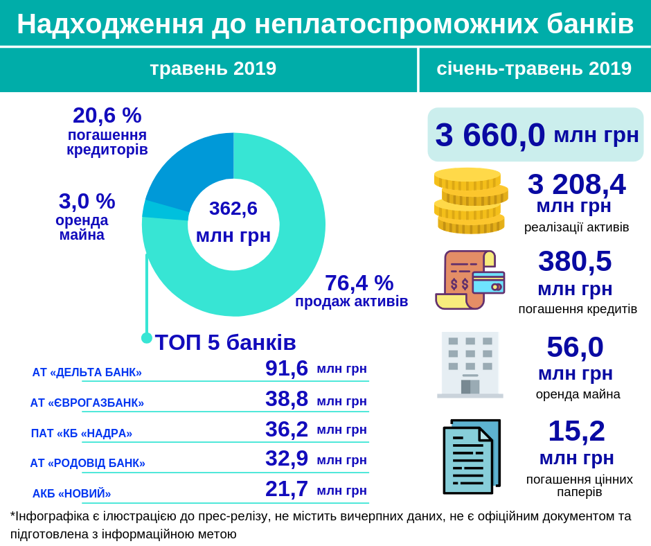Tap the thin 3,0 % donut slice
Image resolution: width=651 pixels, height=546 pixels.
coord(165,210)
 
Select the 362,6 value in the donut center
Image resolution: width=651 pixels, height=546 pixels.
coord(233,208)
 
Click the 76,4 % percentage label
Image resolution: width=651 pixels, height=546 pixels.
coord(359,283)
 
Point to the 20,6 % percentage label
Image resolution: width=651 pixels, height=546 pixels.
coord(107,115)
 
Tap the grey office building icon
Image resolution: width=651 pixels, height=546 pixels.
coord(470,364)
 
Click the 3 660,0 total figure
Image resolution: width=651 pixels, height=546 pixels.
coord(490,134)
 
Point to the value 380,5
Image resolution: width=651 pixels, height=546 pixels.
coord(575,261)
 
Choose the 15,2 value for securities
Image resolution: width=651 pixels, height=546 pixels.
coord(576,431)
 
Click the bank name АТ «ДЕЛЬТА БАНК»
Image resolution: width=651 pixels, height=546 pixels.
coord(87,372)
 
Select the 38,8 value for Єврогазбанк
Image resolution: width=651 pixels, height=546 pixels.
coord(286,398)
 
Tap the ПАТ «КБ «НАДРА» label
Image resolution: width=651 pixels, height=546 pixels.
coord(81,433)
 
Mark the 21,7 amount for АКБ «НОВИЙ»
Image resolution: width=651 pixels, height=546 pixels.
coord(286,488)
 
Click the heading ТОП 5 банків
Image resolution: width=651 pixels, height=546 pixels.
coord(225,342)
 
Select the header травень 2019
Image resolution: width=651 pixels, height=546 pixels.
coord(213,69)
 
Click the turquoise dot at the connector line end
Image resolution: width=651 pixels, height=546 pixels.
coord(147,338)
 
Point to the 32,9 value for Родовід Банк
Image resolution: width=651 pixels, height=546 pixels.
coord(286,458)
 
